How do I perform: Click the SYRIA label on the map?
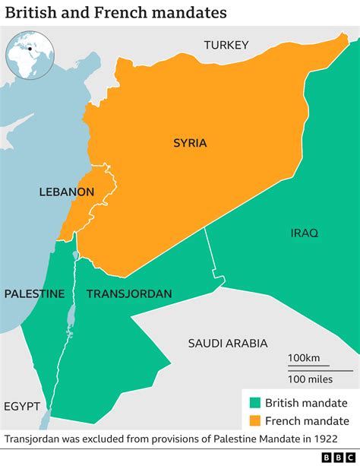190,143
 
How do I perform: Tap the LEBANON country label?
67,192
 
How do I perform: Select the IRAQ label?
304,232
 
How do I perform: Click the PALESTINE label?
34,293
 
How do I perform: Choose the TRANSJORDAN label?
128,293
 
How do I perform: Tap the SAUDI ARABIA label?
228,344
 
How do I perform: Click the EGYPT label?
21,406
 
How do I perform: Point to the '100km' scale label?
304,357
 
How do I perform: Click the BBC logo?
339,457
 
